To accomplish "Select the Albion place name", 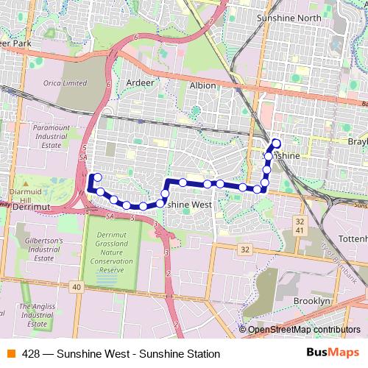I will [x=202, y=85].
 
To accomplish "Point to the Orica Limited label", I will [x=64, y=83].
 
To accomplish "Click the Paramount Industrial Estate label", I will [x=51, y=137].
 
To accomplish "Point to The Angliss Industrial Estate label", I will [x=35, y=315].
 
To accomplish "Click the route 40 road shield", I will [x=76, y=286].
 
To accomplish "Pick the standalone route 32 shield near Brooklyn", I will [x=245, y=250].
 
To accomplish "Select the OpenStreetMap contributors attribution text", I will [x=302, y=330].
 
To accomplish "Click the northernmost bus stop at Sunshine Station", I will [x=277, y=143].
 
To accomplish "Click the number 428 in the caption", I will [x=31, y=353].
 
